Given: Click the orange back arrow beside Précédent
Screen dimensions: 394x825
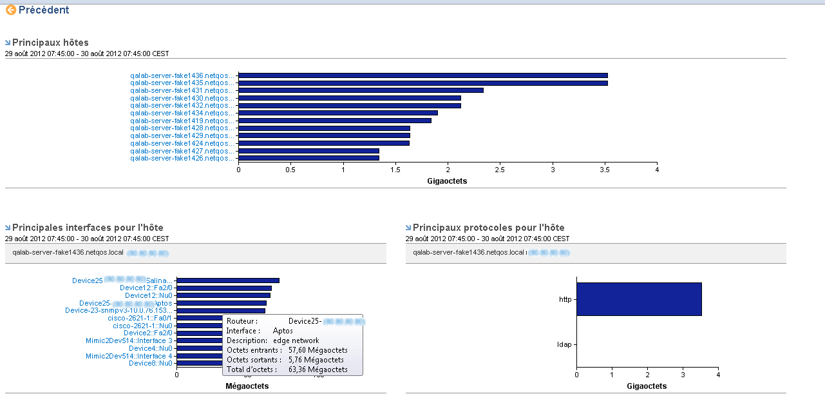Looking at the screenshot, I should [11, 10].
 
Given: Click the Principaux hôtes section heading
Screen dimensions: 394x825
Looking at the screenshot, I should [50, 43].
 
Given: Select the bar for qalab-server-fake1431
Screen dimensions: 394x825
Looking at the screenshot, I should [361, 90].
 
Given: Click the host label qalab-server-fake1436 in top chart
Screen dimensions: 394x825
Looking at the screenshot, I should [182, 75].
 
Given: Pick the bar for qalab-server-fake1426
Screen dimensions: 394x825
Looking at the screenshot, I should [308, 158].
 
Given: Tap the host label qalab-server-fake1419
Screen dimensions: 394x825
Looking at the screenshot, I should [182, 121].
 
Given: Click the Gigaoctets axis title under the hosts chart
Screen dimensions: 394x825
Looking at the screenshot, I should [447, 181].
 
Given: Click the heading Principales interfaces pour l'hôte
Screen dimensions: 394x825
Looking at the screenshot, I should [88, 228].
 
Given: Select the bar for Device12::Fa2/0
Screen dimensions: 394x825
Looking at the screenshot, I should [224, 288].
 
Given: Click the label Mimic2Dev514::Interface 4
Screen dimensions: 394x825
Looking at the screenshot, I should [129, 356].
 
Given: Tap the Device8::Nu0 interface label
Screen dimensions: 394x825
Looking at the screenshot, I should [151, 363].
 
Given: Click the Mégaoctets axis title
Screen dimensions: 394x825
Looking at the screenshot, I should [247, 386].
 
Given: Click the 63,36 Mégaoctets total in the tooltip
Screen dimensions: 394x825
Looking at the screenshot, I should [318, 369].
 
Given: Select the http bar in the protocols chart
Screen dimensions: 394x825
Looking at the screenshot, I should [639, 299].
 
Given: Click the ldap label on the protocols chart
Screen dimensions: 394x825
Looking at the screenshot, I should [564, 344].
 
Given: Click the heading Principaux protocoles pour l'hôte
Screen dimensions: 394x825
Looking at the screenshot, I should [488, 228].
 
